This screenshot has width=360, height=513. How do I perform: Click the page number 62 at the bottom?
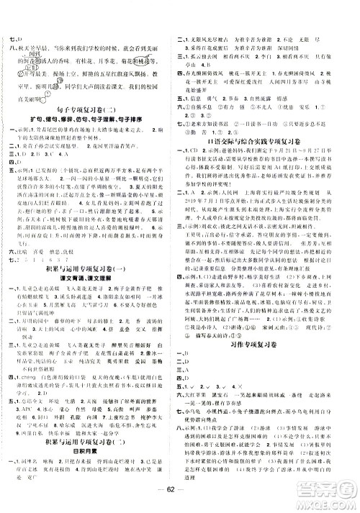pos(180,502)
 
